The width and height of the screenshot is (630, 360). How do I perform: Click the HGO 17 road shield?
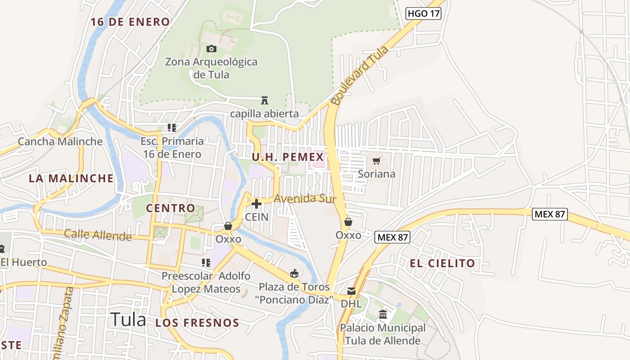(x=423, y=13)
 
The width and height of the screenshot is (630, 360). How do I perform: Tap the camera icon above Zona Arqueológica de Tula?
(x=211, y=49)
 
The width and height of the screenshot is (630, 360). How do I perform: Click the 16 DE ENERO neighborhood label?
(x=130, y=22)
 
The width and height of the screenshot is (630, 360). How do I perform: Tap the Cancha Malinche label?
(x=60, y=142)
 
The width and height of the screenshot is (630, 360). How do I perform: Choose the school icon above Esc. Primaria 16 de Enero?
(x=171, y=128)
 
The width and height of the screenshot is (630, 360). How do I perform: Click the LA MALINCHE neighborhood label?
(x=71, y=178)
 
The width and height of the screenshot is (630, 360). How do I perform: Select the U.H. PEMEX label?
(x=288, y=157)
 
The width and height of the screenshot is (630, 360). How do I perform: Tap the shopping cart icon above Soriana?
(x=377, y=161)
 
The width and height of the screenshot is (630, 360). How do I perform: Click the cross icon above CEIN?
(x=256, y=204)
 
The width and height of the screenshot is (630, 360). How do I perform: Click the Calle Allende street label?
(x=98, y=234)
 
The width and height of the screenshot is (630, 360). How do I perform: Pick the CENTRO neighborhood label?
(x=171, y=208)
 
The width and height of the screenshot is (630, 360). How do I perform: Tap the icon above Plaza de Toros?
(x=294, y=273)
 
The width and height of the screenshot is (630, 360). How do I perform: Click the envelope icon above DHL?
(x=351, y=292)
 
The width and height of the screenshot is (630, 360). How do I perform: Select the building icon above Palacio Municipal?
(x=383, y=314)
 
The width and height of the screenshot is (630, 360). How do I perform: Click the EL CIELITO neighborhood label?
(x=442, y=264)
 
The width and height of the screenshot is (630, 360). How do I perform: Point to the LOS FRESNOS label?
(x=197, y=323)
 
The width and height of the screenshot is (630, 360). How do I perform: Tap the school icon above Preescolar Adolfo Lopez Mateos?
(x=206, y=262)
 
